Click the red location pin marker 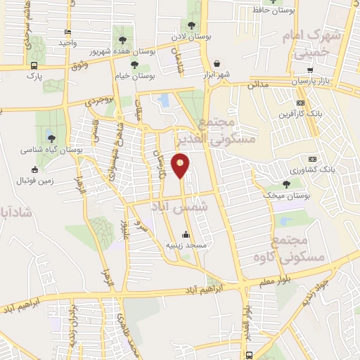(181, 165)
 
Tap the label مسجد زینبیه (186, 245)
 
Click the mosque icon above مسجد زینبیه (186, 235)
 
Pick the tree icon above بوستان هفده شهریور (124, 39)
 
